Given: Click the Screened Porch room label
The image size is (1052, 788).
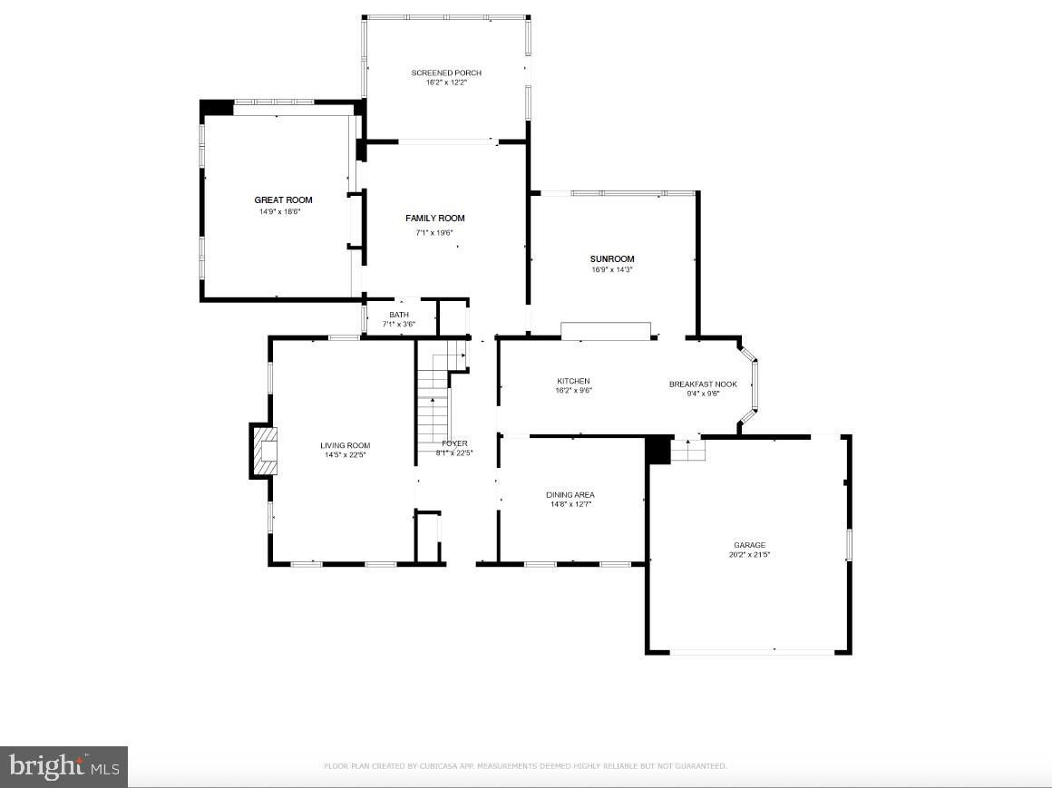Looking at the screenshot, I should point(446,73).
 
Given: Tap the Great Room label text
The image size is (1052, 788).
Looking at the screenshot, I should point(283,199).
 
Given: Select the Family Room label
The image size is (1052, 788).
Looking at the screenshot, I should point(434,218).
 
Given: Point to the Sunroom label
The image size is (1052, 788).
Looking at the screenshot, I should point(612,258).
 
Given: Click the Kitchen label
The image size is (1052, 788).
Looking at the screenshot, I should point(573,381).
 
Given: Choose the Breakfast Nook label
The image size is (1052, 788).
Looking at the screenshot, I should point(703,384).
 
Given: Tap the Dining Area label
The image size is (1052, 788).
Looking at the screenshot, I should point(570,494).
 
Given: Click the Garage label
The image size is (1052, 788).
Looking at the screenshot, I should point(749,545).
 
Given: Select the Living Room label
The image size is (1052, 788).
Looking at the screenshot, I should point(345,445).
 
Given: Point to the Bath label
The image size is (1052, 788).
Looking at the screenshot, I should point(399,315).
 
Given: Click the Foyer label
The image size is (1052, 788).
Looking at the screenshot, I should point(454,443).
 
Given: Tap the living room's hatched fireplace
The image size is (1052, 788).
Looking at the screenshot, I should point(264,450).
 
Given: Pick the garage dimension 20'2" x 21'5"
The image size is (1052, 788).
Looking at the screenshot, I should point(749,555).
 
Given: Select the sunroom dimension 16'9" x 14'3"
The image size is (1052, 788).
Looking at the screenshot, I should point(612,269).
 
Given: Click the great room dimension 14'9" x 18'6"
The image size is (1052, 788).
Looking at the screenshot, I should point(279,211).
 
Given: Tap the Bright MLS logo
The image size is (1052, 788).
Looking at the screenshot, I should point(63,767).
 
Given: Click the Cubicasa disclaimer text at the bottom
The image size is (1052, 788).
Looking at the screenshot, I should point(525,766).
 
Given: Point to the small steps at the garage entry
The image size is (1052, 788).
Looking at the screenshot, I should point(688,449).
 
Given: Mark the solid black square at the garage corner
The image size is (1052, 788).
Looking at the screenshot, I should point(657,450).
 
